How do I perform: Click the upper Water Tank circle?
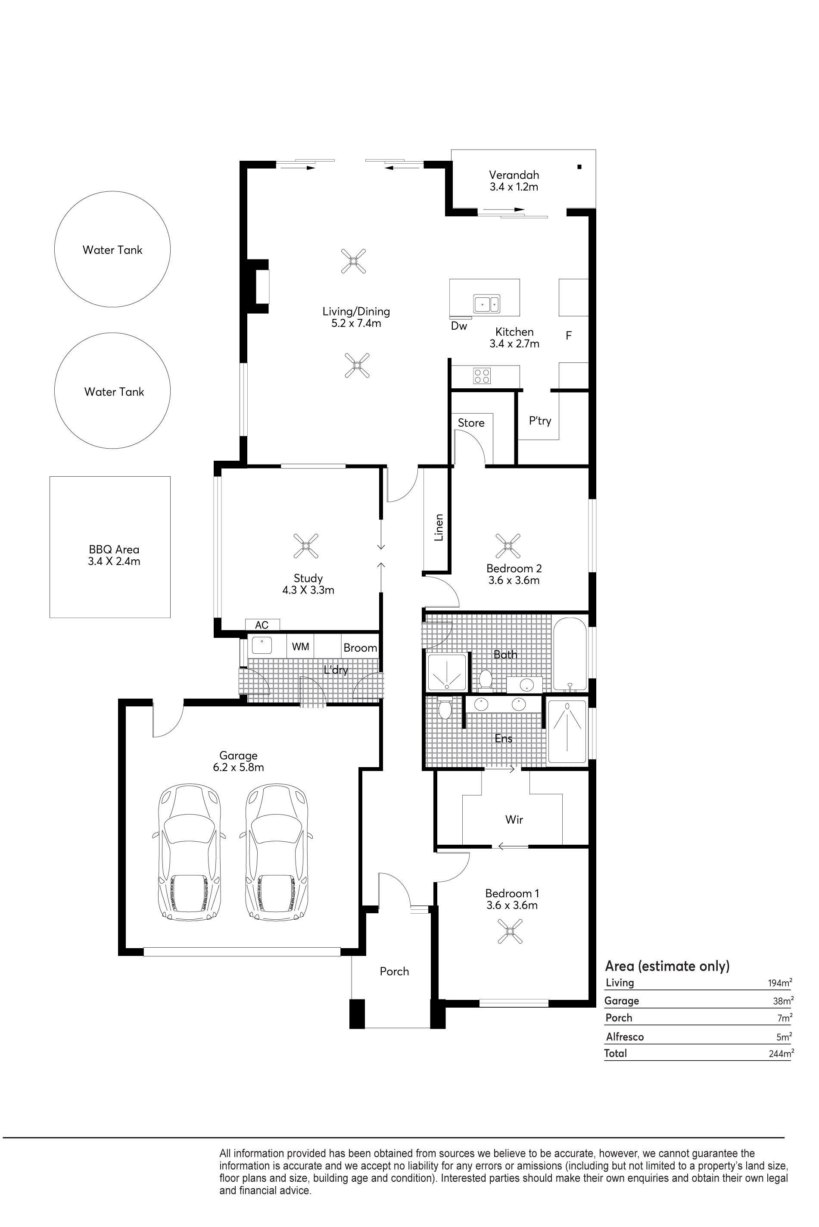pyautogui.click(x=112, y=191)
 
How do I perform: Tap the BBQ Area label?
pyautogui.click(x=114, y=549)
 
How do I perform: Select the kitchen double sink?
pyautogui.click(x=486, y=303)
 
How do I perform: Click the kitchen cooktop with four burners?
pyautogui.click(x=482, y=375)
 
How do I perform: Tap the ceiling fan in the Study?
pyautogui.click(x=306, y=546)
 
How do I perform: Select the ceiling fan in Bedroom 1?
pyautogui.click(x=509, y=931)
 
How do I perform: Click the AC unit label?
pyautogui.click(x=262, y=625)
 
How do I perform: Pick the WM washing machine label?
pyautogui.click(x=300, y=646)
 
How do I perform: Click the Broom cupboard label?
pyautogui.click(x=361, y=648)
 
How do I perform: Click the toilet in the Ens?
pyautogui.click(x=445, y=709)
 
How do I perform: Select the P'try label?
pyautogui.click(x=540, y=421)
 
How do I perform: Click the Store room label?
pyautogui.click(x=471, y=423)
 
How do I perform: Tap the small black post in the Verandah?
pyautogui.click(x=579, y=167)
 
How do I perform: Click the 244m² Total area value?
pyautogui.click(x=781, y=1053)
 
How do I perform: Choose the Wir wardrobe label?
pyautogui.click(x=514, y=820)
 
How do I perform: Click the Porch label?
pyautogui.click(x=394, y=971)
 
